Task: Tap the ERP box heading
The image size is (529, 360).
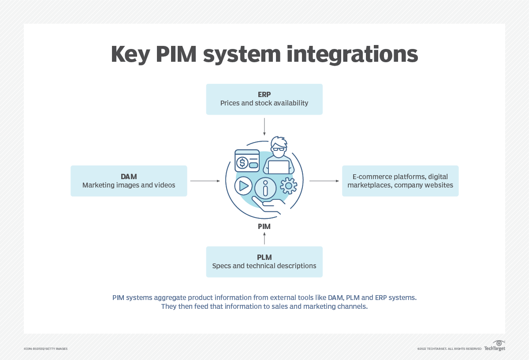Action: pos(264,94)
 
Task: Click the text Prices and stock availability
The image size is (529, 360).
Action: pos(264,103)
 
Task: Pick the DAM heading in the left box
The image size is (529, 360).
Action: pos(129,176)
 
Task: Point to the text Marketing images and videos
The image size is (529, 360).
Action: pos(129,185)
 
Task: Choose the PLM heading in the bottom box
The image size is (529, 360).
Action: pos(264,257)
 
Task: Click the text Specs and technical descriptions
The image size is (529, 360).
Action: pos(264,266)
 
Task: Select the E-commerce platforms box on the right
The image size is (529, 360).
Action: pos(400,181)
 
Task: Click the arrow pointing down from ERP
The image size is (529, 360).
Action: pos(264,126)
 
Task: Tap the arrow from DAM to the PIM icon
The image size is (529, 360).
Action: pos(205,181)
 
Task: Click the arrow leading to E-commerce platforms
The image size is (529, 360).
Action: pos(324,181)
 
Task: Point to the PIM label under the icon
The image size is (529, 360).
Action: pos(264,226)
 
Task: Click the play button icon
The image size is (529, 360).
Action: pos(243,186)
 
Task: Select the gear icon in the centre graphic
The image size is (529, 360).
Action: pos(289,186)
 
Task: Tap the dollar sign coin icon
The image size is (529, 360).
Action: pos(242,163)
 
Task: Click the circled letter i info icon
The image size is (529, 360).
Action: pos(265,188)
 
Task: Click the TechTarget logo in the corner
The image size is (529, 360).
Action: pos(495,347)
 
